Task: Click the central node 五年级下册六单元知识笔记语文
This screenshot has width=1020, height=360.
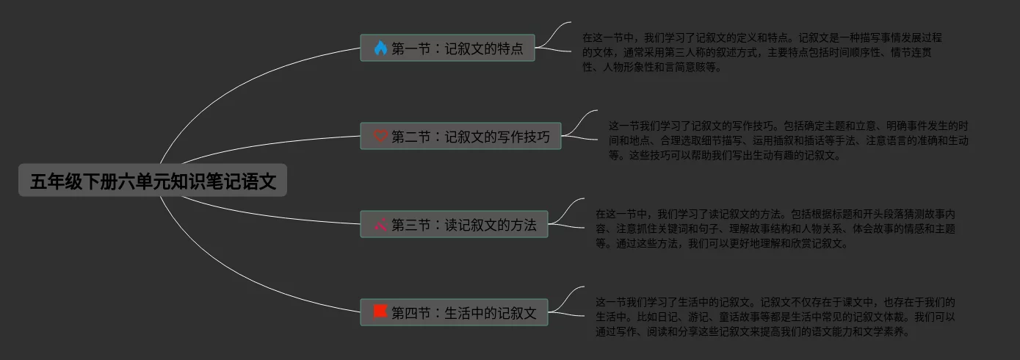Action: (153, 181)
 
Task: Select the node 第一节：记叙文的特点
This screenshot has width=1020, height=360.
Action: (447, 48)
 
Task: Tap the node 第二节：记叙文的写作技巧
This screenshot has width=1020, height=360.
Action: (460, 136)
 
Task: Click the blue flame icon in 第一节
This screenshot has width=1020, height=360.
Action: (380, 48)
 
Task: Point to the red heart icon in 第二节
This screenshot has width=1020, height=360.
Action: (380, 136)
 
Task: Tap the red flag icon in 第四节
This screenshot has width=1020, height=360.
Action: (380, 312)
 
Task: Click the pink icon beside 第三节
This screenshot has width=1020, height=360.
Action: (380, 224)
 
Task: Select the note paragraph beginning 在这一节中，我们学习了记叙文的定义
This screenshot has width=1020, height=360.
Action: (761, 52)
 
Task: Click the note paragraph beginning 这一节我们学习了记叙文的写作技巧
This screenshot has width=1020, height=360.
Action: (787, 140)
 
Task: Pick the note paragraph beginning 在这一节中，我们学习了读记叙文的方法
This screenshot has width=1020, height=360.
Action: (775, 228)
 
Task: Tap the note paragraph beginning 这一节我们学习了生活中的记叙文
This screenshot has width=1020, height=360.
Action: (775, 317)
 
